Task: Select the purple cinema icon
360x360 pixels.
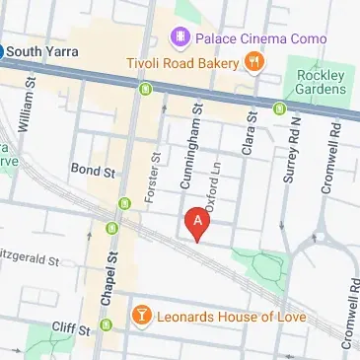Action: tap(180, 39)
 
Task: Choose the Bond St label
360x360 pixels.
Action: tap(94, 171)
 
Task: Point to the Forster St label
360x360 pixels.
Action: tap(153, 178)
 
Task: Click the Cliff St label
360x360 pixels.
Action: tap(71, 326)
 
